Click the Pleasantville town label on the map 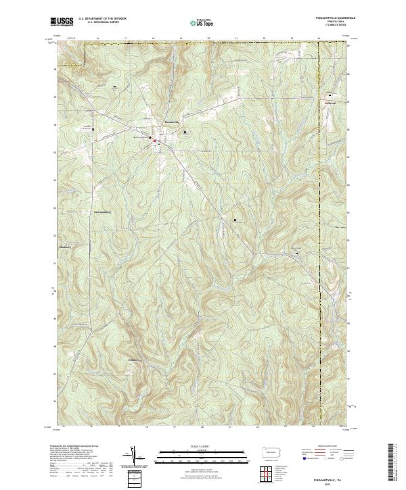pos(172,122)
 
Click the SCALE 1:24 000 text pos(202,447)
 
